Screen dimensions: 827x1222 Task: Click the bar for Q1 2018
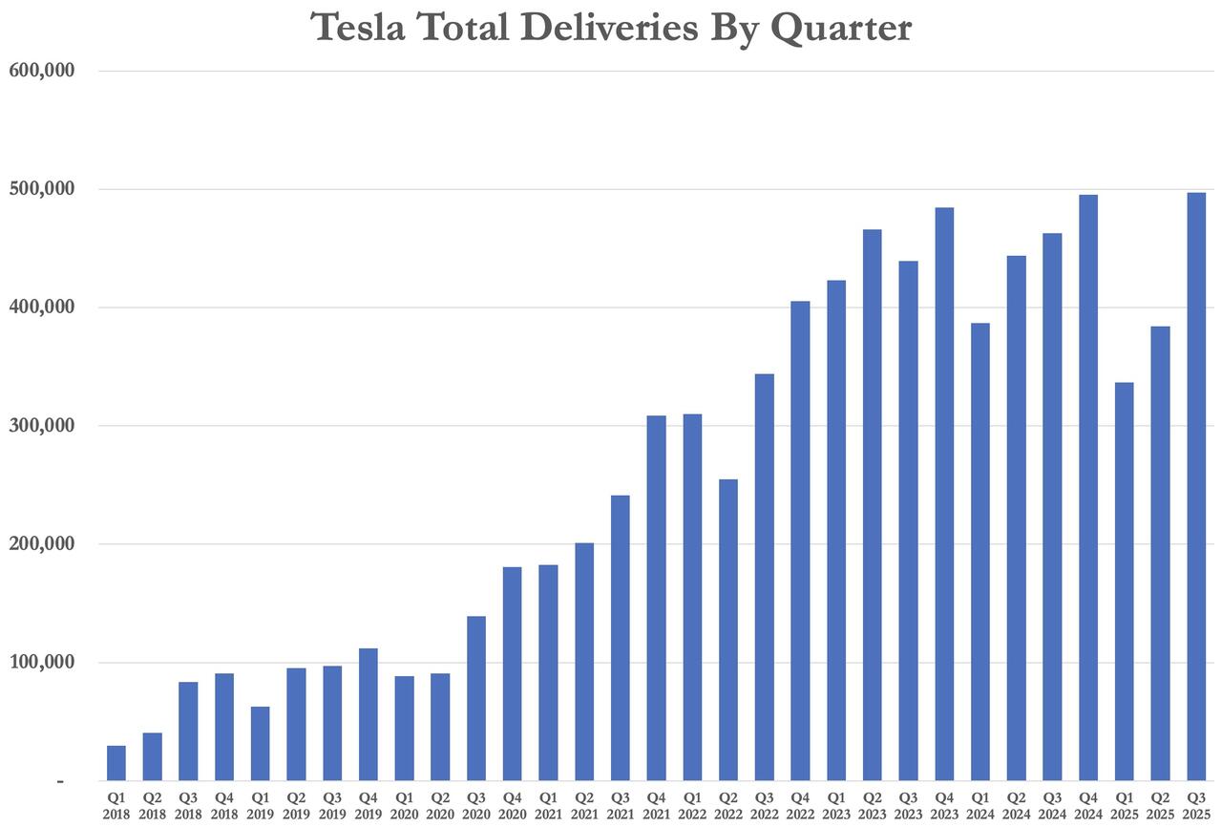pyautogui.click(x=116, y=763)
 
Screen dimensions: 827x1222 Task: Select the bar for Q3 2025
pyautogui.click(x=1196, y=486)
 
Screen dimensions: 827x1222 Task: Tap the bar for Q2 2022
pyautogui.click(x=727, y=629)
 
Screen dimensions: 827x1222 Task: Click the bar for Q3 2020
pyautogui.click(x=475, y=698)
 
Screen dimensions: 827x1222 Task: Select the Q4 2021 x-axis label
pyautogui.click(x=656, y=804)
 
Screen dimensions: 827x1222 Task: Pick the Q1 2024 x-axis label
pyautogui.click(x=980, y=804)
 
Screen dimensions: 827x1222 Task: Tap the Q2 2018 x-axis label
pyautogui.click(x=152, y=804)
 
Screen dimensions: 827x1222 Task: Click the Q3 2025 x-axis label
pyautogui.click(x=1195, y=804)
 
